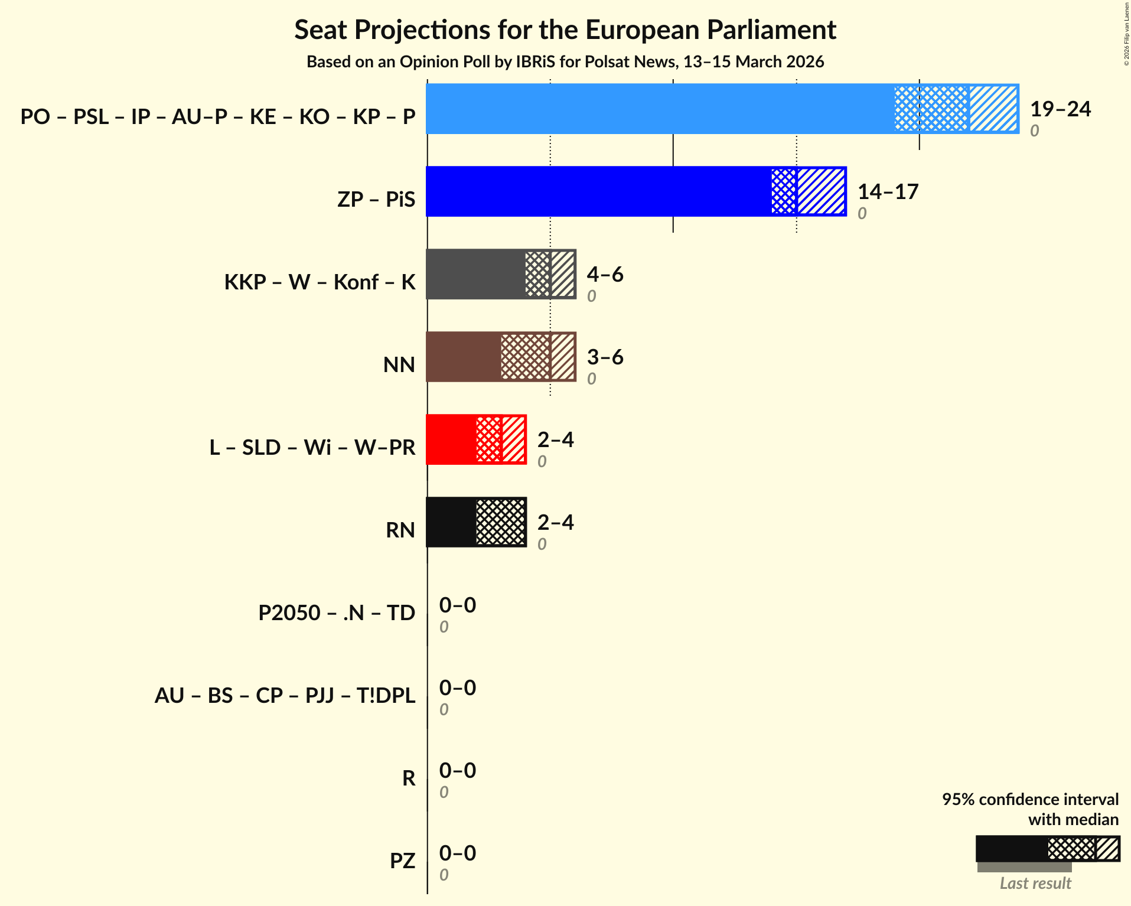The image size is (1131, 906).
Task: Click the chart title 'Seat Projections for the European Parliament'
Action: pos(565,30)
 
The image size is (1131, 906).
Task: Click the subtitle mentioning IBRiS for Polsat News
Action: pos(565,62)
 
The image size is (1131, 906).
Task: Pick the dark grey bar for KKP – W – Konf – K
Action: pos(475,274)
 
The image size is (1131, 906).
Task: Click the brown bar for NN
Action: pos(464,357)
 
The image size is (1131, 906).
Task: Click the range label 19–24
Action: pos(1060,109)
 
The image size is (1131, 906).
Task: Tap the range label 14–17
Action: pos(888,192)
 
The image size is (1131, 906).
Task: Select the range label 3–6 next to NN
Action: pos(605,357)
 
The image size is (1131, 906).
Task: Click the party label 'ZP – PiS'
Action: pos(376,200)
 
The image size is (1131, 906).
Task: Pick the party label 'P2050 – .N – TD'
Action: pos(337,613)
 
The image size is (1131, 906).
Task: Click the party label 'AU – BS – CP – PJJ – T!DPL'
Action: pos(285,696)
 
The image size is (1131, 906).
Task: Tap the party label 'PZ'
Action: pos(402,861)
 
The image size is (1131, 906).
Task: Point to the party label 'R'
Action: pos(409,778)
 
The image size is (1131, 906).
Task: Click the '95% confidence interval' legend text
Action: pos(1030,800)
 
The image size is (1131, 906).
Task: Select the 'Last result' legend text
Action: pos(1035,884)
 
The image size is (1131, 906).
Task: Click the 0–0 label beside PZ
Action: pos(457,853)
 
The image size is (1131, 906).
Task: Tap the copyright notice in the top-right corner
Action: pos(1126,33)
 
